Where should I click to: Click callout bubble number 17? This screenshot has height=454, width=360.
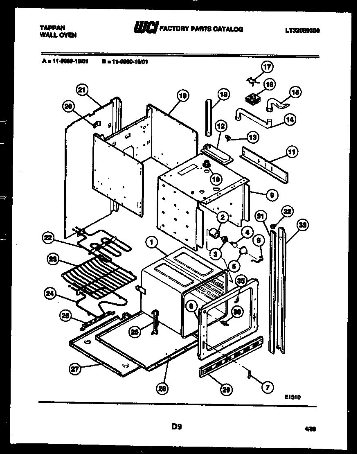[267, 67]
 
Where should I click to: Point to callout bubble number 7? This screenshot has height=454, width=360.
[267, 386]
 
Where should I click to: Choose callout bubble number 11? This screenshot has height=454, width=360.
[292, 153]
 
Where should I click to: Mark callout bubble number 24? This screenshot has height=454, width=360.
[49, 293]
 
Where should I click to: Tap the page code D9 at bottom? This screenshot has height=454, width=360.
[176, 427]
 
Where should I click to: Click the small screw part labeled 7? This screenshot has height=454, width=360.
[248, 373]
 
